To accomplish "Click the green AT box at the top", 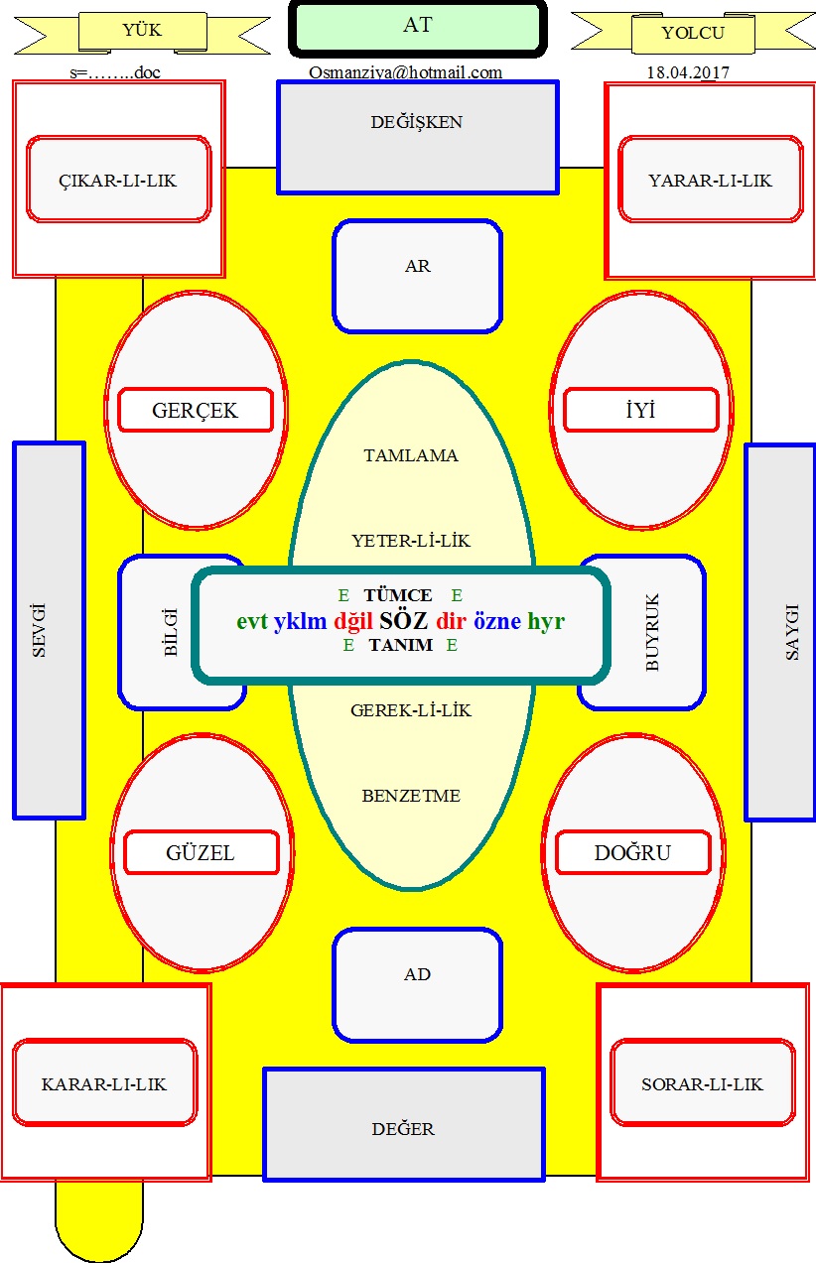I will tap(417, 28).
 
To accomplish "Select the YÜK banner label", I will tap(142, 31).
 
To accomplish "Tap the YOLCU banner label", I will tap(692, 33).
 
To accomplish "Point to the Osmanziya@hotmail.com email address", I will tap(405, 72).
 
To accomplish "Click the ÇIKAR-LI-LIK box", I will tap(118, 180).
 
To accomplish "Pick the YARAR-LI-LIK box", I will tap(710, 180).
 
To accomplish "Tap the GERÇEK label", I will tap(196, 410).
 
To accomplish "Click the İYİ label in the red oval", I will tap(640, 410).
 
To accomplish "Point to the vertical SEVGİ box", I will tap(49, 630).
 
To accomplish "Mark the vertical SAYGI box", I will tap(780, 632).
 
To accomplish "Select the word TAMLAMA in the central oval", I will tap(411, 455).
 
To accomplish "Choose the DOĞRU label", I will tap(632, 852).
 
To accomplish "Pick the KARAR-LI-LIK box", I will tap(104, 1082).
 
